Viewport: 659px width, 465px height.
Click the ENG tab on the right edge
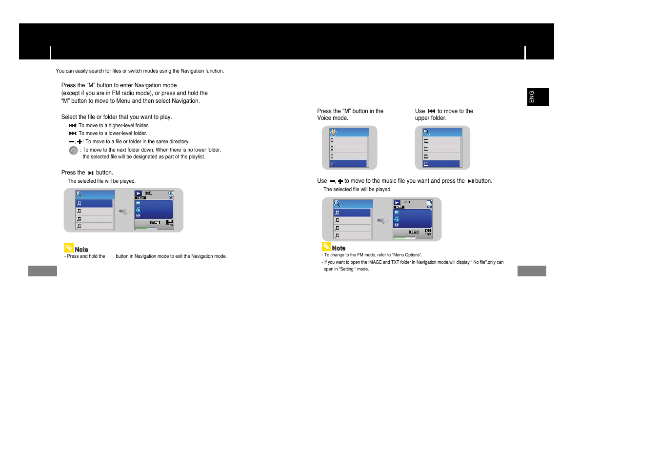point(538,97)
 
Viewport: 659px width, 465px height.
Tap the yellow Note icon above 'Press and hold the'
point(69,248)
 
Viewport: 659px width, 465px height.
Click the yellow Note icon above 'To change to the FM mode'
point(326,247)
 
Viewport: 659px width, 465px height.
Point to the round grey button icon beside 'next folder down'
point(74,151)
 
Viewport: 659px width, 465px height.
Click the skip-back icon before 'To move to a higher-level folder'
point(72,126)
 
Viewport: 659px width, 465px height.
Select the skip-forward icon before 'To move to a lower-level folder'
point(72,134)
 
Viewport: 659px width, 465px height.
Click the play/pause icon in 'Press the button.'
point(91,173)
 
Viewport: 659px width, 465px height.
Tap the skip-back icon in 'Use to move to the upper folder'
point(431,112)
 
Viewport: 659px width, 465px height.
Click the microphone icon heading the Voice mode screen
point(333,132)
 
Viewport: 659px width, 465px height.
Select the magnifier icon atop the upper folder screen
point(426,132)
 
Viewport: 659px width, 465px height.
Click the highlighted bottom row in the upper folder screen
point(441,164)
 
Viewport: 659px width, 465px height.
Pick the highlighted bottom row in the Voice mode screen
point(348,164)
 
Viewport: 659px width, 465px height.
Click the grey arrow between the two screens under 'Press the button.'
point(124,211)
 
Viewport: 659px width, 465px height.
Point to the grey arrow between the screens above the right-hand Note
point(382,220)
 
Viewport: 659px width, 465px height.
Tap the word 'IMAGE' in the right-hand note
point(375,262)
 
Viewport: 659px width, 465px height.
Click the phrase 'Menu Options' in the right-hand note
point(407,255)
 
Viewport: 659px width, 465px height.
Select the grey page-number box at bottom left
point(42,271)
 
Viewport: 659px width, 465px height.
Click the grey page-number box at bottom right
point(532,271)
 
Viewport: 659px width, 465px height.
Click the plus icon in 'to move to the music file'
point(340,181)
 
